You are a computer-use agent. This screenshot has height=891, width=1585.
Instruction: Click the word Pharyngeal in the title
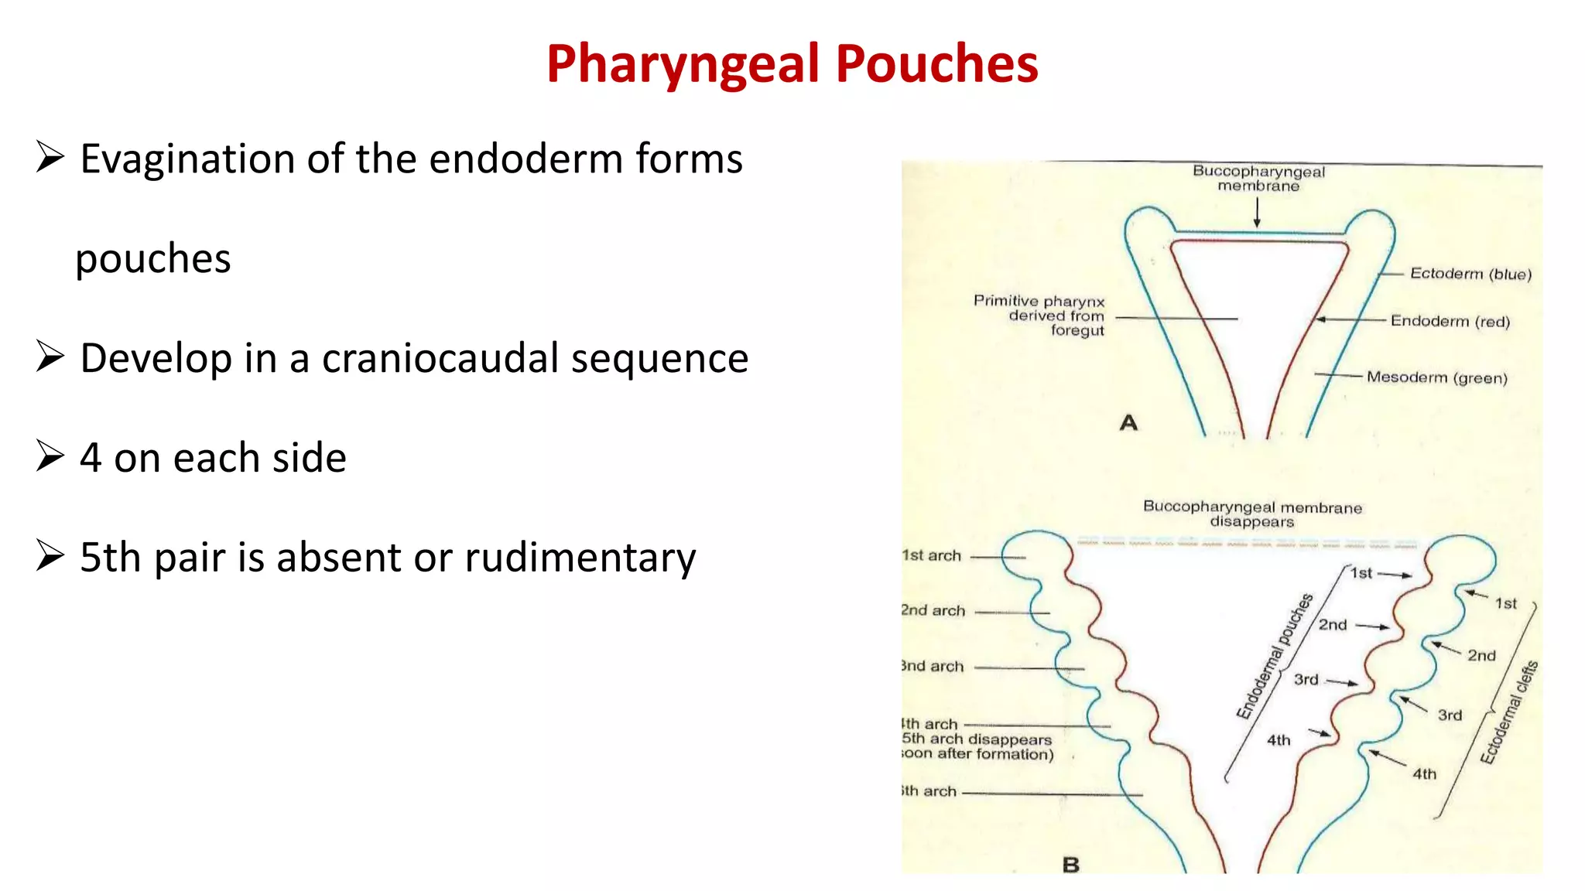pos(683,64)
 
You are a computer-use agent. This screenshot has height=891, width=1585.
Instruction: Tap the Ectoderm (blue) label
pos(1470,274)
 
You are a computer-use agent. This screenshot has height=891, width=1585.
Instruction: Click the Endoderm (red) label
pos(1450,321)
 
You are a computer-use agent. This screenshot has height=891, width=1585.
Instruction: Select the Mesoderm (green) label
pos(1436,377)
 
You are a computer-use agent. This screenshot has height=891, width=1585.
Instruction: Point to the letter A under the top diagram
pos(1128,423)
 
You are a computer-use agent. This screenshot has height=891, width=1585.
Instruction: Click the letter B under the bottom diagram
pos(1071,865)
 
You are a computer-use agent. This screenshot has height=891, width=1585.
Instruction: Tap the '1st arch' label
pos(932,555)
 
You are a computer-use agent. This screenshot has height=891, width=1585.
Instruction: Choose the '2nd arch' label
pos(933,610)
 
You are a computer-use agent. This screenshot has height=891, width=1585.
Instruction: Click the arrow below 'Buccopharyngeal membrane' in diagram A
pos(1257,213)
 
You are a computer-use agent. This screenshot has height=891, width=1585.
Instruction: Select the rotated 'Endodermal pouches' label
pos(1274,657)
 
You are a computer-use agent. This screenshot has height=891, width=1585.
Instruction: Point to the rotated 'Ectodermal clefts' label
pos(1509,712)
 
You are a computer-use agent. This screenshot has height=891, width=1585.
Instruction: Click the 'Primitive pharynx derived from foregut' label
pos(1040,316)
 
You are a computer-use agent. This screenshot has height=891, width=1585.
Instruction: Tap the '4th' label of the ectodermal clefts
pos(1424,773)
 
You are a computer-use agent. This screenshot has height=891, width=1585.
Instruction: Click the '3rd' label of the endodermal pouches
pos(1306,679)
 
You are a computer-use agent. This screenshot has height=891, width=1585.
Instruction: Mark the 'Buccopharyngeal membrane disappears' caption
pos(1252,514)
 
